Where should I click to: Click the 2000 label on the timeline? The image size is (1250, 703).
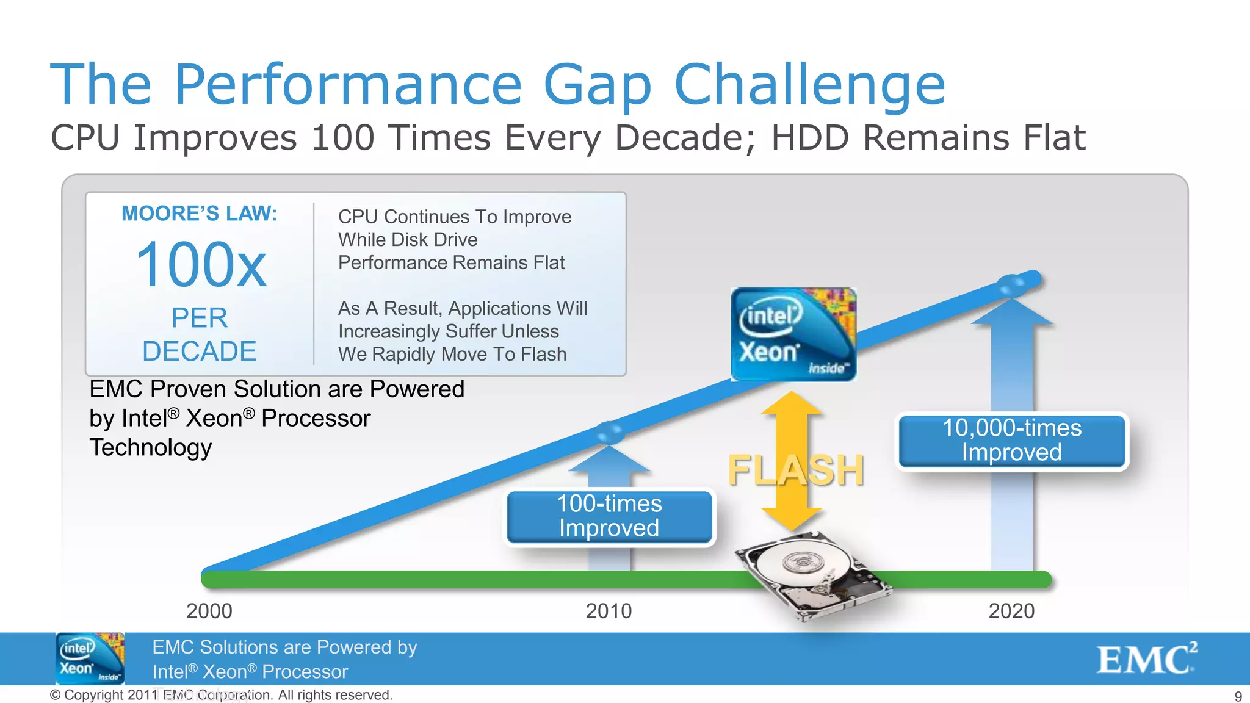click(x=209, y=611)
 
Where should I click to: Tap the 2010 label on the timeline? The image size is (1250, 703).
click(x=609, y=611)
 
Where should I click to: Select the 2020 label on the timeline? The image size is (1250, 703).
click(x=1011, y=611)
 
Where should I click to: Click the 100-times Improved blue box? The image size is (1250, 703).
click(x=609, y=516)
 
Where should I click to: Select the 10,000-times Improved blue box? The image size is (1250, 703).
click(x=1011, y=441)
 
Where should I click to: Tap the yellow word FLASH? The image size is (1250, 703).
click(x=796, y=470)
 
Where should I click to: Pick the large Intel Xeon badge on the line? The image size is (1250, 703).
click(x=793, y=334)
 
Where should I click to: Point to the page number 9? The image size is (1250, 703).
click(x=1238, y=696)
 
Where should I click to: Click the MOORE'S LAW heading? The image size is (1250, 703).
click(x=199, y=214)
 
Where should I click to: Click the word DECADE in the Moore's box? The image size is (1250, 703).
click(x=199, y=351)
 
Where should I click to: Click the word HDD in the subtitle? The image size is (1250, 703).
click(x=810, y=137)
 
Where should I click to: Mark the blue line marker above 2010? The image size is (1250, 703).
click(x=609, y=431)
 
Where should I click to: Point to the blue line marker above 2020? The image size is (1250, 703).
click(x=1011, y=284)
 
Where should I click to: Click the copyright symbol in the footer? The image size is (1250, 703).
click(x=55, y=695)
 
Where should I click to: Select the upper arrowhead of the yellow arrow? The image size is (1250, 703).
click(x=792, y=404)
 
